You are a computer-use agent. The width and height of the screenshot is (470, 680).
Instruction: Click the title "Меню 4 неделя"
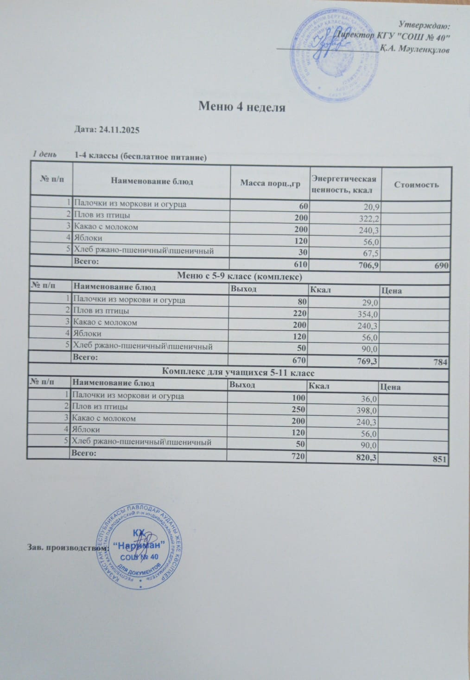241,107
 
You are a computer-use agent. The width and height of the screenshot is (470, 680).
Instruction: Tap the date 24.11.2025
107,130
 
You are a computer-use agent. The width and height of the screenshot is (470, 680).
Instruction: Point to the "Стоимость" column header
416,184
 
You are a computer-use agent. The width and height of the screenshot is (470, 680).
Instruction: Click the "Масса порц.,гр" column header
270,184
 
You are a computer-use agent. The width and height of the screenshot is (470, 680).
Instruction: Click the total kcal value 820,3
365,458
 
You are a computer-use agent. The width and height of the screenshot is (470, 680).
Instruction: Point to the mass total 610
299,265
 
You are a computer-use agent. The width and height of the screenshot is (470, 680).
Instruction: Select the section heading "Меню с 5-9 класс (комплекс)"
240,276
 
